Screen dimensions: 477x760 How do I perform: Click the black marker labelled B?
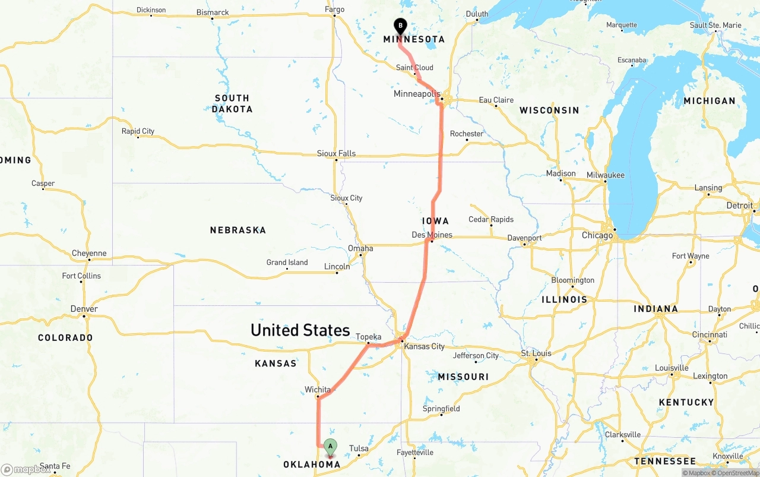click(x=400, y=26)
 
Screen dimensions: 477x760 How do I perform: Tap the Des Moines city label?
click(x=432, y=235)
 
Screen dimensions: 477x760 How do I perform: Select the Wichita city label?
click(x=318, y=390)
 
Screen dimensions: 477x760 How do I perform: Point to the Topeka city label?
click(x=368, y=337)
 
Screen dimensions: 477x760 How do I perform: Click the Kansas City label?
click(x=425, y=346)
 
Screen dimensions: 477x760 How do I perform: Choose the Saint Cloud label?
click(x=414, y=68)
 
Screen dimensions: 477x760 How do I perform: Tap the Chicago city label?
click(x=597, y=235)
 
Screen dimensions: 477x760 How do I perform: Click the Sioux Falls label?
click(x=336, y=153)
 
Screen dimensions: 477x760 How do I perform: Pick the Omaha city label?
click(x=360, y=248)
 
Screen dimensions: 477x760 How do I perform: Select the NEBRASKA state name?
click(x=237, y=230)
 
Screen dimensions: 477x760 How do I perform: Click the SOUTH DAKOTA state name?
click(x=232, y=103)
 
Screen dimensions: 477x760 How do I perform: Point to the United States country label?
click(x=300, y=330)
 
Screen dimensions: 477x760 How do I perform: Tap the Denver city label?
click(x=84, y=309)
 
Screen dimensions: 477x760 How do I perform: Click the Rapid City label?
click(x=138, y=131)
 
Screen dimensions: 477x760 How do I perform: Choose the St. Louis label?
click(x=536, y=353)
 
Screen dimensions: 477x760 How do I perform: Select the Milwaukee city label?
click(x=606, y=175)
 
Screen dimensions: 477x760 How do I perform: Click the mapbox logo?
click(x=26, y=469)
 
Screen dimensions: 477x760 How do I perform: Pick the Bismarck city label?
click(x=213, y=12)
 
